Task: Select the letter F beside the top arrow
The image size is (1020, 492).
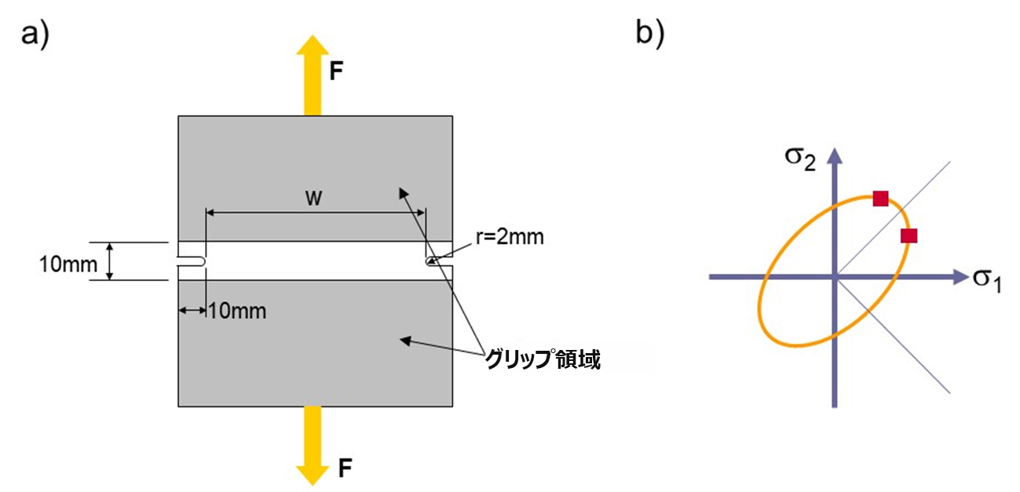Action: pos(336,73)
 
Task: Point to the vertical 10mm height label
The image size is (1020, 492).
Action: pos(68,264)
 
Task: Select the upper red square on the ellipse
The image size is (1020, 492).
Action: pos(880,198)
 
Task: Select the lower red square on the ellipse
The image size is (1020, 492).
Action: pos(908,235)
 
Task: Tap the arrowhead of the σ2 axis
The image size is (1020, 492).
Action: pos(836,155)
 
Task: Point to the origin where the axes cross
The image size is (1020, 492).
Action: pos(836,276)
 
